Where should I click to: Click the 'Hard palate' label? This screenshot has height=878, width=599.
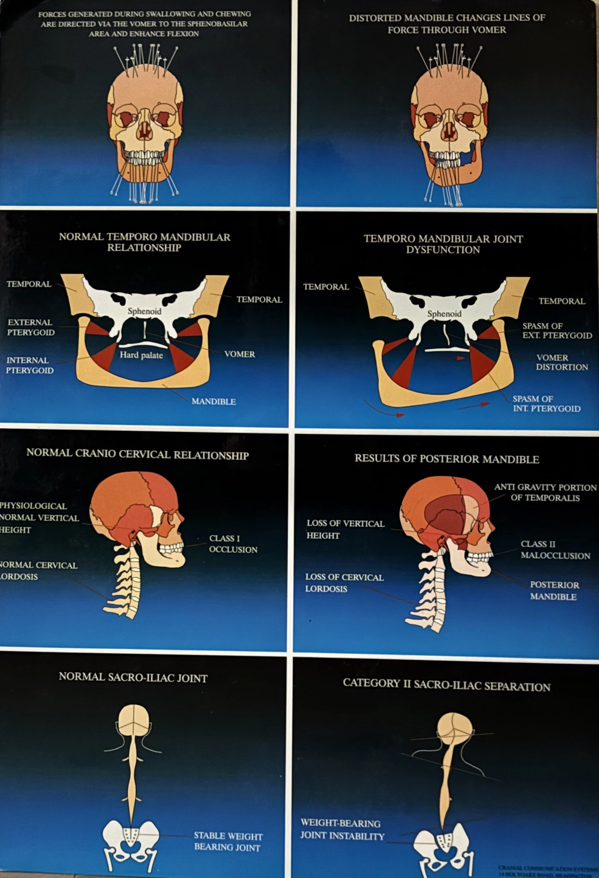141,355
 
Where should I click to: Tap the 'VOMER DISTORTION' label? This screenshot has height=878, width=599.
562,362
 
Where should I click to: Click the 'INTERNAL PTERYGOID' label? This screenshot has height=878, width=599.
29,365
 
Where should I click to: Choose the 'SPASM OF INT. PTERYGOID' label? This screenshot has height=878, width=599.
546,403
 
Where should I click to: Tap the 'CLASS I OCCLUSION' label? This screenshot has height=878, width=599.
233,544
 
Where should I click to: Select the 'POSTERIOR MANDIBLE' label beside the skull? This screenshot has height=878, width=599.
554,591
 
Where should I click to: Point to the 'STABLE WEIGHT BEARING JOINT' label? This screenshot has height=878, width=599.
228,841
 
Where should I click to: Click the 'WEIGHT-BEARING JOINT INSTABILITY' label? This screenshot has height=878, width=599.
342,829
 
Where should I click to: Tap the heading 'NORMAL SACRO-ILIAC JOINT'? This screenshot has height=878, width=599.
133,678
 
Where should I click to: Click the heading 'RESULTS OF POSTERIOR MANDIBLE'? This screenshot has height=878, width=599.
447,459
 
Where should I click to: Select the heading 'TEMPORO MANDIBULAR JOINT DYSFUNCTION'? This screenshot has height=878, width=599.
443,244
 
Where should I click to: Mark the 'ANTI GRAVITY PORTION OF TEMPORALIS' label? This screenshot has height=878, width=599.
545,492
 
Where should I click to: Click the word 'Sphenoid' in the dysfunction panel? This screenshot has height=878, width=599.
444,314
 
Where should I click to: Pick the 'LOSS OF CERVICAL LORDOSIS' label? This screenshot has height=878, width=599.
344,583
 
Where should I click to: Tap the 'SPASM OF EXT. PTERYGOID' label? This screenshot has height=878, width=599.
557,331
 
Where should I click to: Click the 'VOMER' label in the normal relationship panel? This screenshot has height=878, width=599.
239,354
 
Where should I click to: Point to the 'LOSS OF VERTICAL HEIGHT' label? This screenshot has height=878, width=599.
345,529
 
